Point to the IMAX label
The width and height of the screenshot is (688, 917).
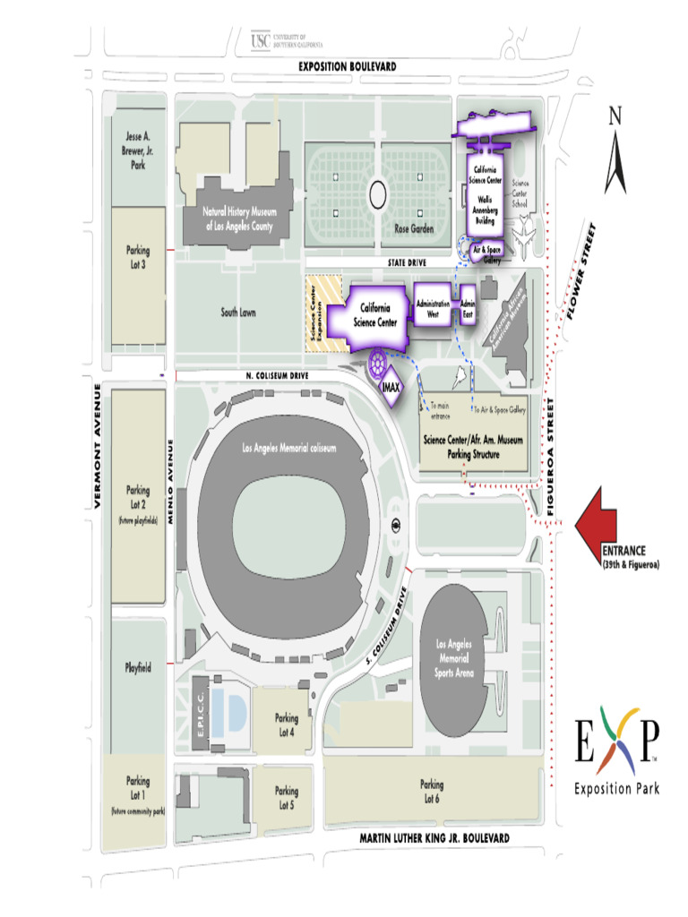pos(391,388)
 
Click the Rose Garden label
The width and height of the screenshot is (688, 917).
pos(414,229)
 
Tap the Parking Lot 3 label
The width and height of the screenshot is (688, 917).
pos(138,257)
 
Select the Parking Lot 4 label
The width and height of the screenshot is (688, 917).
pos(287,724)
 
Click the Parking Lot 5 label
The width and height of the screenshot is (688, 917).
pos(287,797)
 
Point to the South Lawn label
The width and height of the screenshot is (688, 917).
pos(238,313)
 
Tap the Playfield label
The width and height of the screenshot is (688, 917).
pos(138,667)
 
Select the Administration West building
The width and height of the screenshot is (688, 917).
pos(434,310)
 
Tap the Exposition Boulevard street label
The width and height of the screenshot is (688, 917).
pos(348,67)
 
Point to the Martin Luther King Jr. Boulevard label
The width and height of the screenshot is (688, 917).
pos(434,837)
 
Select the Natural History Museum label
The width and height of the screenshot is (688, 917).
pos(239,219)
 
